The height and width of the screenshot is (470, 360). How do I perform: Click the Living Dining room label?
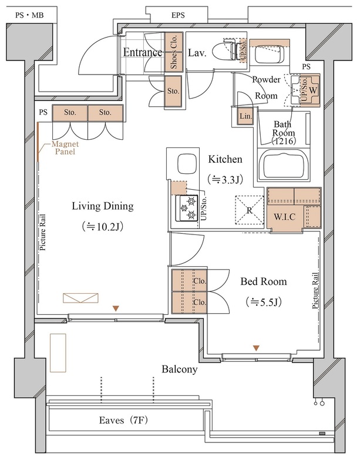point(103,206)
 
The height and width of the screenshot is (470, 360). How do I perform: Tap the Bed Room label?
point(264,281)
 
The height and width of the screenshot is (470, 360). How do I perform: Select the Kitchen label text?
point(225,159)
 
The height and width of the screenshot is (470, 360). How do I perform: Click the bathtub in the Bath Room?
point(284,166)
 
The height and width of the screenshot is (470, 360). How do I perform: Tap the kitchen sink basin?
point(187,164)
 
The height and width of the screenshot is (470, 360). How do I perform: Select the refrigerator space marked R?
point(250,210)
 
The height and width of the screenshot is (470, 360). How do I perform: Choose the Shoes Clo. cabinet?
point(174,52)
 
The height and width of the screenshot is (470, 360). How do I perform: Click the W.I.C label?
point(284,217)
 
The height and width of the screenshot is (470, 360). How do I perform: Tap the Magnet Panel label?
point(65,148)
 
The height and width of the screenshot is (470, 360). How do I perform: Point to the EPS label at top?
point(178,15)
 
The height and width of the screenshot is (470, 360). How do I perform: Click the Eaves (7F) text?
point(123,420)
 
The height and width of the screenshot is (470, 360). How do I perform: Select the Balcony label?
point(180,369)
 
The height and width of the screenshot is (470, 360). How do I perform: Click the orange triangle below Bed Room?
point(256,348)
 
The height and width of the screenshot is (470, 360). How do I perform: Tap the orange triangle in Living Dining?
point(116,308)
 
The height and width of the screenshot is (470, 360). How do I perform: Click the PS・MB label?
point(29,15)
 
